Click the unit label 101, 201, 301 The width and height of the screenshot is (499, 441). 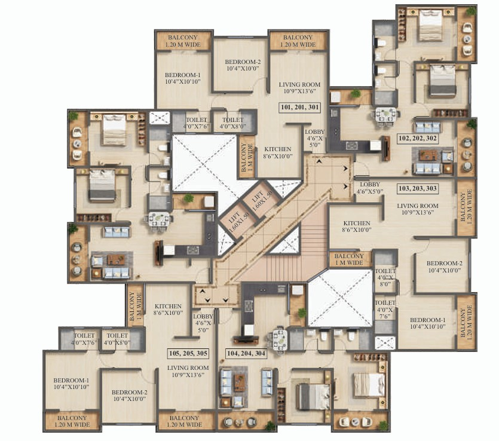tap(300, 107)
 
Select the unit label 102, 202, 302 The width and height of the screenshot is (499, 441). tap(418, 139)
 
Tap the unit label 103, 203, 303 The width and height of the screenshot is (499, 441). tap(418, 188)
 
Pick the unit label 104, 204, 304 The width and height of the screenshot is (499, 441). tap(246, 353)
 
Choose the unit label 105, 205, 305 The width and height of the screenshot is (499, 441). tap(188, 353)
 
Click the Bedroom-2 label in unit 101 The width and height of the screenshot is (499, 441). tap(243, 65)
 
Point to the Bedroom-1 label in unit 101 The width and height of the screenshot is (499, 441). tap(183, 78)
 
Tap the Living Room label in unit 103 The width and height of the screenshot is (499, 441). tap(418, 209)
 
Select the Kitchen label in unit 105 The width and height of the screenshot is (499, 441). tap(168, 310)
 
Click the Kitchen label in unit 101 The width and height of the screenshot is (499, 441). tap(278, 152)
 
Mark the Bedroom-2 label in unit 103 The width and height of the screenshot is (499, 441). tap(444, 267)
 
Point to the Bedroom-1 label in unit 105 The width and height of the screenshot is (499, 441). tap(71, 384)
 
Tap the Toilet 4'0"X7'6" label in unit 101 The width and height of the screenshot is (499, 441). tap(197, 123)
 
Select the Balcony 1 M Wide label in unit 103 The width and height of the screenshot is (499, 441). tap(349, 259)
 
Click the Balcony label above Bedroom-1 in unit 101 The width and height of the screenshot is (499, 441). tap(183, 41)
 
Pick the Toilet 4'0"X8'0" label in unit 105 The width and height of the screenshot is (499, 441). tap(117, 339)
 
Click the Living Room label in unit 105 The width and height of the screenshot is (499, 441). tap(188, 371)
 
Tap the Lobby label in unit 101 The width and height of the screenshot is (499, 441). tap(315, 139)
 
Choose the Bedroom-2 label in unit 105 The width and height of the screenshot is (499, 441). tap(130, 396)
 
